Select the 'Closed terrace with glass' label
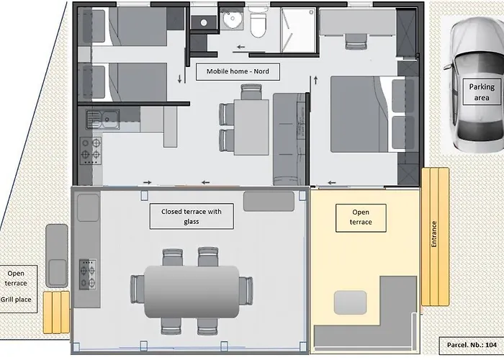pos(191,217)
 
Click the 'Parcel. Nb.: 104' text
pos(471,345)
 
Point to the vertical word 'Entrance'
pos(434,234)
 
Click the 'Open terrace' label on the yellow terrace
pos(361,217)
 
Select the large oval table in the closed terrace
pos(192,291)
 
